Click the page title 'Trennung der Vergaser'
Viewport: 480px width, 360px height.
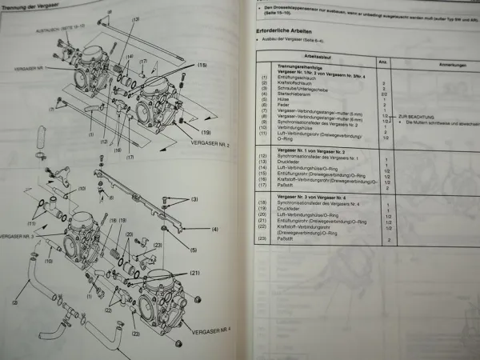31,9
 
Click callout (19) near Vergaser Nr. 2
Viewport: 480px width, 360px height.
206,131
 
